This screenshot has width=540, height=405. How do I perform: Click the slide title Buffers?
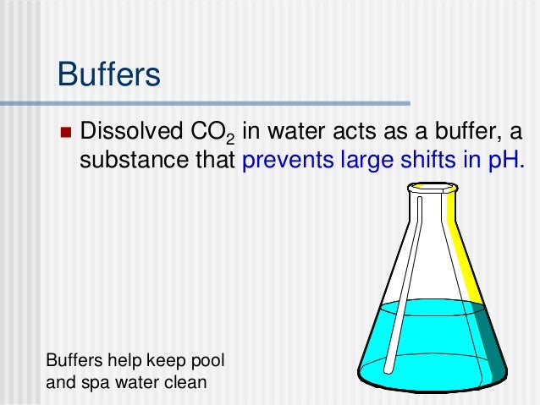click(x=108, y=74)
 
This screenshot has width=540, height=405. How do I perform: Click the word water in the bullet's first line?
click(x=302, y=133)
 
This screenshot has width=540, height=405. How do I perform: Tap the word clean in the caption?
click(x=185, y=382)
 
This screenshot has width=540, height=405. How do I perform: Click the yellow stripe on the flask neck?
click(x=460, y=245)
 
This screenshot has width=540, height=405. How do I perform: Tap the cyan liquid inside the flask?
click(x=423, y=347)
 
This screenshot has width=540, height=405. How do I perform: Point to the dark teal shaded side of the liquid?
click(x=491, y=347)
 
